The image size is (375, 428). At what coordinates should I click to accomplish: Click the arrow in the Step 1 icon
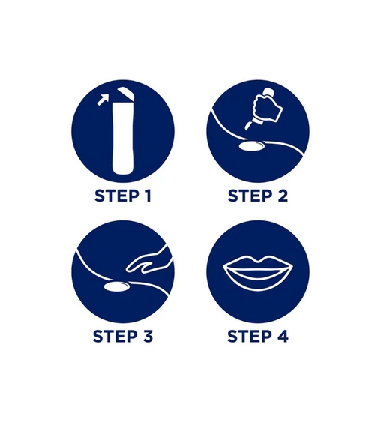pos(103,100)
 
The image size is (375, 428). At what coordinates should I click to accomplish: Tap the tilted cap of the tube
pos(126,94)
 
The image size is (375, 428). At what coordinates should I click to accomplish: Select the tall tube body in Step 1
pos(123,139)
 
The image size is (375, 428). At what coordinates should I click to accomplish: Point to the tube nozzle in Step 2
pos(249,125)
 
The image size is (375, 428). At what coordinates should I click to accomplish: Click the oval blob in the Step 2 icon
pos(251,145)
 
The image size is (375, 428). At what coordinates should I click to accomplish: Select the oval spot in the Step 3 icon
pos(117,286)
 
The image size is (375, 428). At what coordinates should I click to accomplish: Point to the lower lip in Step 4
pos(258,280)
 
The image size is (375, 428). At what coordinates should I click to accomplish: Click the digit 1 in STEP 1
pos(147,196)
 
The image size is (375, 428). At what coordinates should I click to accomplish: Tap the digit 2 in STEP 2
pos(283,196)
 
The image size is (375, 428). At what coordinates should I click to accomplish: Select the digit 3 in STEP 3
pos(148,336)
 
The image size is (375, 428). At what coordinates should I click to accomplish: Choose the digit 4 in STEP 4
pos(283,336)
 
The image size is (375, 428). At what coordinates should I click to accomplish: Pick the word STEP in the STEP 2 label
pos(250,196)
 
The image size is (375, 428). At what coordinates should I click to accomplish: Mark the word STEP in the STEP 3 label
pos(115,336)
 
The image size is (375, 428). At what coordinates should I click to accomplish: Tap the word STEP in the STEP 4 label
pos(250,336)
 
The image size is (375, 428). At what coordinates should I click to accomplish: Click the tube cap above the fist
pos(268,92)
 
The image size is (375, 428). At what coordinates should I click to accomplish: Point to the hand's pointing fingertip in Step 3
pos(127,270)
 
